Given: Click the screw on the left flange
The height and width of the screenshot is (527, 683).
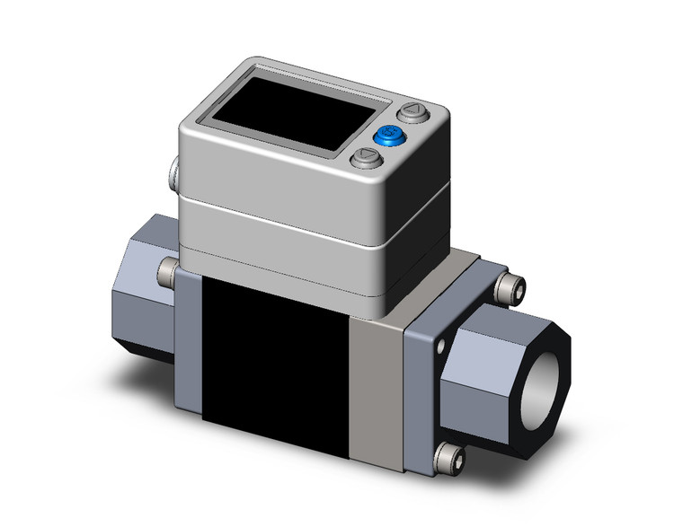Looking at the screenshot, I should click(x=167, y=268).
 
